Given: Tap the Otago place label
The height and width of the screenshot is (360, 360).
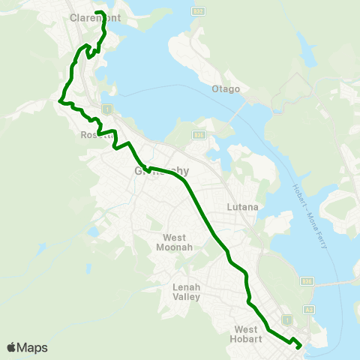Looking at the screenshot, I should point(229,89).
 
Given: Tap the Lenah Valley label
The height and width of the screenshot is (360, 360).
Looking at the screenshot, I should point(186,292).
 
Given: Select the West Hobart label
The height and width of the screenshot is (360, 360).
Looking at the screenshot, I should point(247,334).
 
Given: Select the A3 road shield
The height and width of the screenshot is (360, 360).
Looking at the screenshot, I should point(308,310).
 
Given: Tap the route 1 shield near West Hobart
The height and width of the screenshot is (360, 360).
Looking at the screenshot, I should point(286,316).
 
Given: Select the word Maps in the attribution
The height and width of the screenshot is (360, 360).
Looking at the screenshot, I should point(34,347).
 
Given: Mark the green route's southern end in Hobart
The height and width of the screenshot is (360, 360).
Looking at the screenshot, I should point(300,346).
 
